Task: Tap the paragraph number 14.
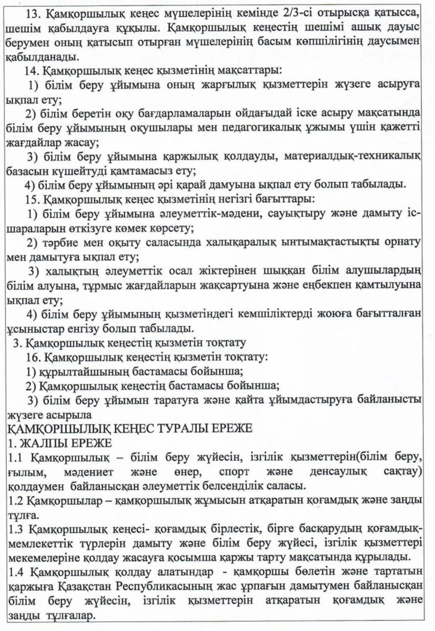tap(30, 71)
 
